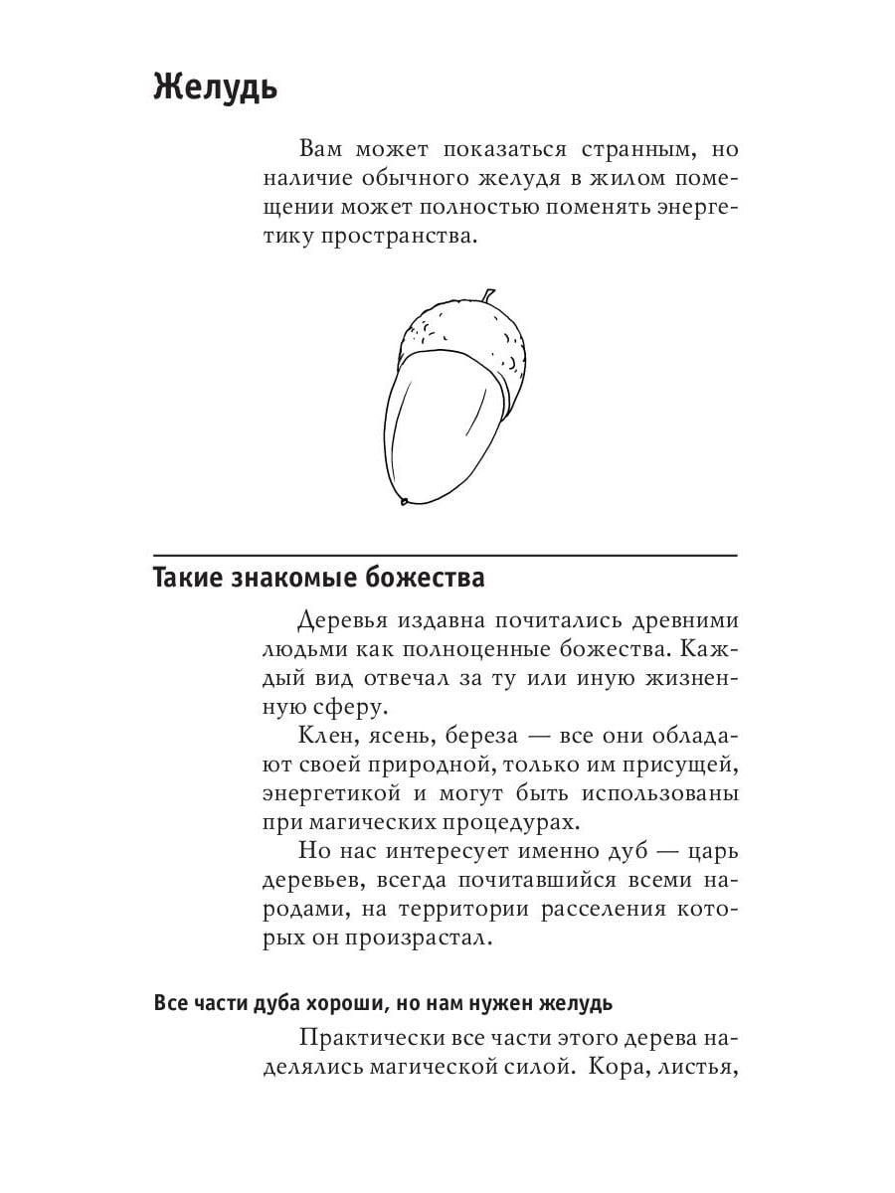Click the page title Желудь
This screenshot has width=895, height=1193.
pyautogui.click(x=215, y=87)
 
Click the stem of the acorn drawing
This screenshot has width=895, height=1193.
pyautogui.click(x=487, y=296)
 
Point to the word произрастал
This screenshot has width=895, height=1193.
pyautogui.click(x=420, y=938)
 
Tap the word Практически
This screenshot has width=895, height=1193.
pyautogui.click(x=376, y=1040)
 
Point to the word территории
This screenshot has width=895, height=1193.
pyautogui.click(x=458, y=910)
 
